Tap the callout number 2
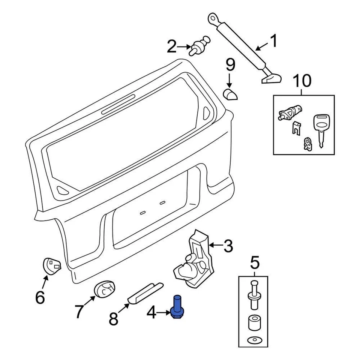[171, 47]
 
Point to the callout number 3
[228, 246]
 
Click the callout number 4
[151, 313]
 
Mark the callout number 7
[79, 311]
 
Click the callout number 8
[113, 319]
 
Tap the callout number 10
[302, 81]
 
